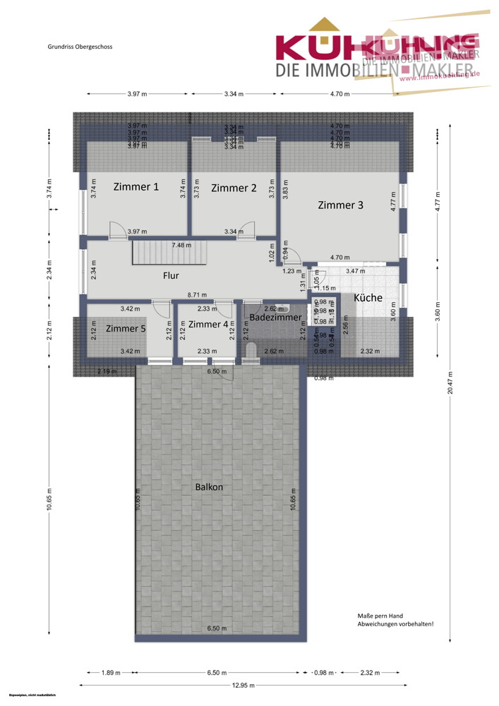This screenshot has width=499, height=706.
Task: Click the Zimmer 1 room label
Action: tap(136, 187)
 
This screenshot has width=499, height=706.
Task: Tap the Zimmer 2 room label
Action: tap(234, 188)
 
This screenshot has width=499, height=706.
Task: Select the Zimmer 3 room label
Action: tap(341, 205)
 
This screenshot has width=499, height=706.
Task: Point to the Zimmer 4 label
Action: tap(209, 324)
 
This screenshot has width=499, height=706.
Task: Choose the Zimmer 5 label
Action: tap(126, 328)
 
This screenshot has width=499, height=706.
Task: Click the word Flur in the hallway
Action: tap(170, 276)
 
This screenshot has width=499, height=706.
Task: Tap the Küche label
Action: tap(368, 298)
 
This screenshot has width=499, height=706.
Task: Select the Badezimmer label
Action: tap(275, 318)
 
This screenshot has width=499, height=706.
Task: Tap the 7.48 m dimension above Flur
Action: tap(181, 245)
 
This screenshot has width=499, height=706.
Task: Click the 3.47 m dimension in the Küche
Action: tap(355, 271)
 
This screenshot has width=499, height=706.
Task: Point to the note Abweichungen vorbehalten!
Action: tap(395, 624)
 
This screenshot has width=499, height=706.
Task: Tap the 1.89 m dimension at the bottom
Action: tap(110, 673)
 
